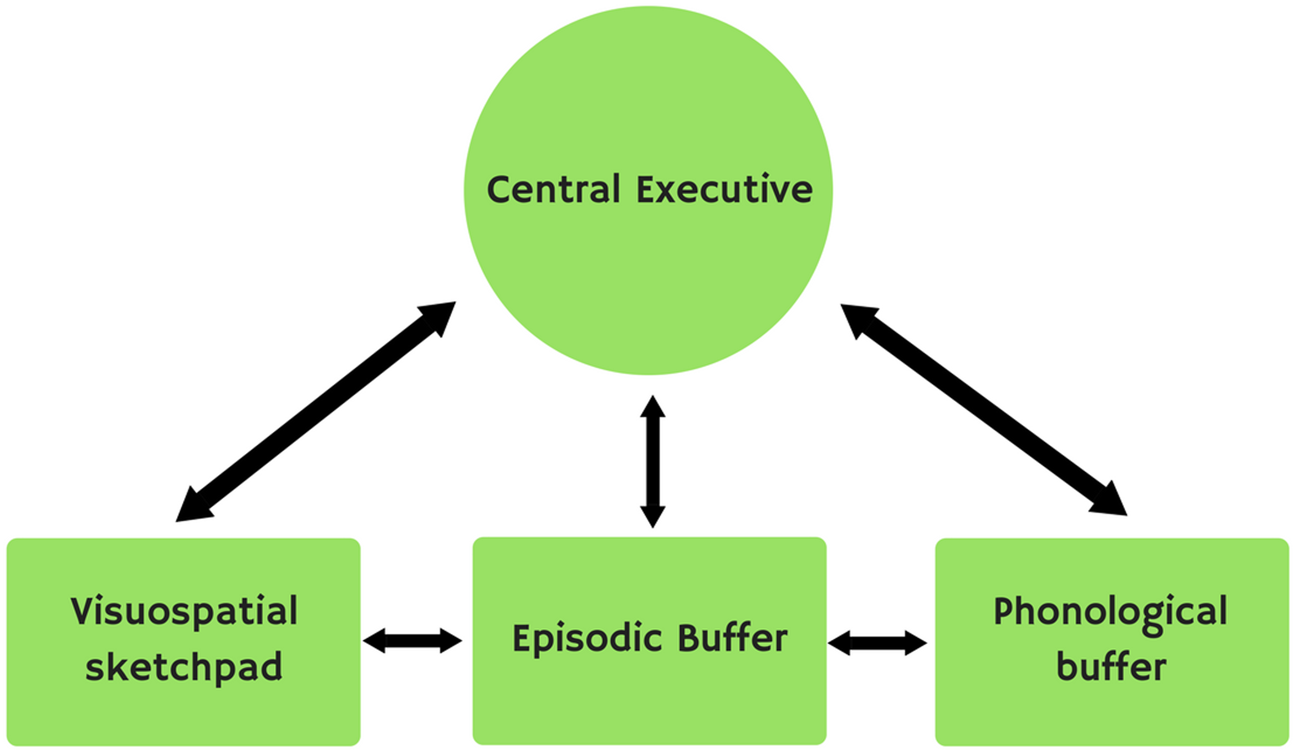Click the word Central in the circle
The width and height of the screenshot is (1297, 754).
(553, 190)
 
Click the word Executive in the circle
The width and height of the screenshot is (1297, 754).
(724, 190)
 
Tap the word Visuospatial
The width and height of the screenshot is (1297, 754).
(184, 612)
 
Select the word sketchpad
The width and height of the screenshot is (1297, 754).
(184, 667)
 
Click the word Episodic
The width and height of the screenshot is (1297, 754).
(587, 639)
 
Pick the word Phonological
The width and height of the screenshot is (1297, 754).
(1110, 612)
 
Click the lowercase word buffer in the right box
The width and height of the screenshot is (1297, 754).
(1111, 667)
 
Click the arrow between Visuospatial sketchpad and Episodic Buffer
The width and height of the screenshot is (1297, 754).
(412, 641)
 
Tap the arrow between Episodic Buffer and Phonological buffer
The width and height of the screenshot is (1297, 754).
(877, 643)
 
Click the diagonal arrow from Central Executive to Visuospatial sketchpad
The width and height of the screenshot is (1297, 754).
(316, 411)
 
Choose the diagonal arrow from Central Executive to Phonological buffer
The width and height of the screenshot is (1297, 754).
(984, 410)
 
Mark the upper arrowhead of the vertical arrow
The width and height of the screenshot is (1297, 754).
(652, 407)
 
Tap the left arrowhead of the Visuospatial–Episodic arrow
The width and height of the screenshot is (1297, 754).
(375, 641)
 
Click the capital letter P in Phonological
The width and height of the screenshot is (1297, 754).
(1004, 611)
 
